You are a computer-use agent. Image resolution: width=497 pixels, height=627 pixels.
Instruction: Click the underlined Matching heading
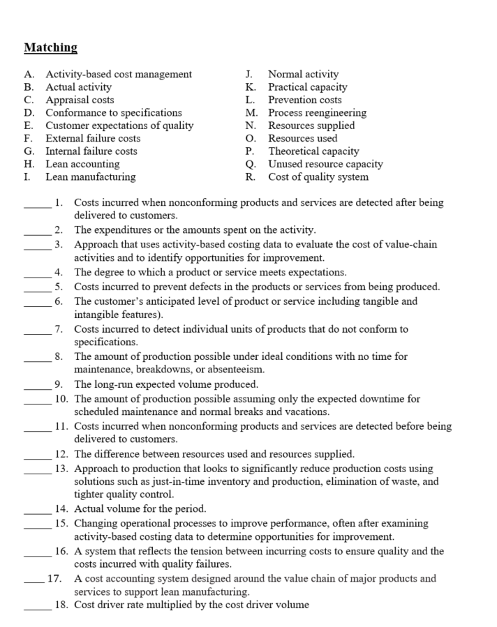click(x=50, y=47)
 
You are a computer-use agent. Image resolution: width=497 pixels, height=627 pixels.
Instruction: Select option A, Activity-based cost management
click(x=119, y=74)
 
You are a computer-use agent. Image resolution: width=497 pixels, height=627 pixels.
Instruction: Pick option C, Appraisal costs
click(x=80, y=100)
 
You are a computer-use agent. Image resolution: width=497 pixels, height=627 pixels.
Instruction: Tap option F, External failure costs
click(x=93, y=138)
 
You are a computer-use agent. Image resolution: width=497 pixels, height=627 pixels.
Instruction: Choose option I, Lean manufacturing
click(x=90, y=177)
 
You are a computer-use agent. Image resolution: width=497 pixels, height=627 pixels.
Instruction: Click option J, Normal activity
click(x=303, y=74)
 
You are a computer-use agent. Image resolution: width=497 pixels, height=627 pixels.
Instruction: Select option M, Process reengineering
click(x=317, y=112)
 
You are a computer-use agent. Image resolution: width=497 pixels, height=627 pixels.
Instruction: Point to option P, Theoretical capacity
click(x=313, y=151)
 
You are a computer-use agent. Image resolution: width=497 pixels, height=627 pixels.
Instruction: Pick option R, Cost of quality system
click(x=318, y=177)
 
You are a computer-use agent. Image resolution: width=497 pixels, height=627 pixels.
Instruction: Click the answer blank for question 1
click(x=36, y=204)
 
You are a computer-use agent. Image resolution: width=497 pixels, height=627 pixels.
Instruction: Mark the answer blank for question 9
click(x=36, y=384)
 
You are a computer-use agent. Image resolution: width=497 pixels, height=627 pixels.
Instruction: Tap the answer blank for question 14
click(x=36, y=508)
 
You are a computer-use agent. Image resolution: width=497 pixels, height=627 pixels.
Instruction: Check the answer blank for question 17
click(x=34, y=578)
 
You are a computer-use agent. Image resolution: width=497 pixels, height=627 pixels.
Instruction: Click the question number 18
click(x=61, y=605)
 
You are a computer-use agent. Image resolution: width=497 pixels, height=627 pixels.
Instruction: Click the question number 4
click(x=60, y=272)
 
